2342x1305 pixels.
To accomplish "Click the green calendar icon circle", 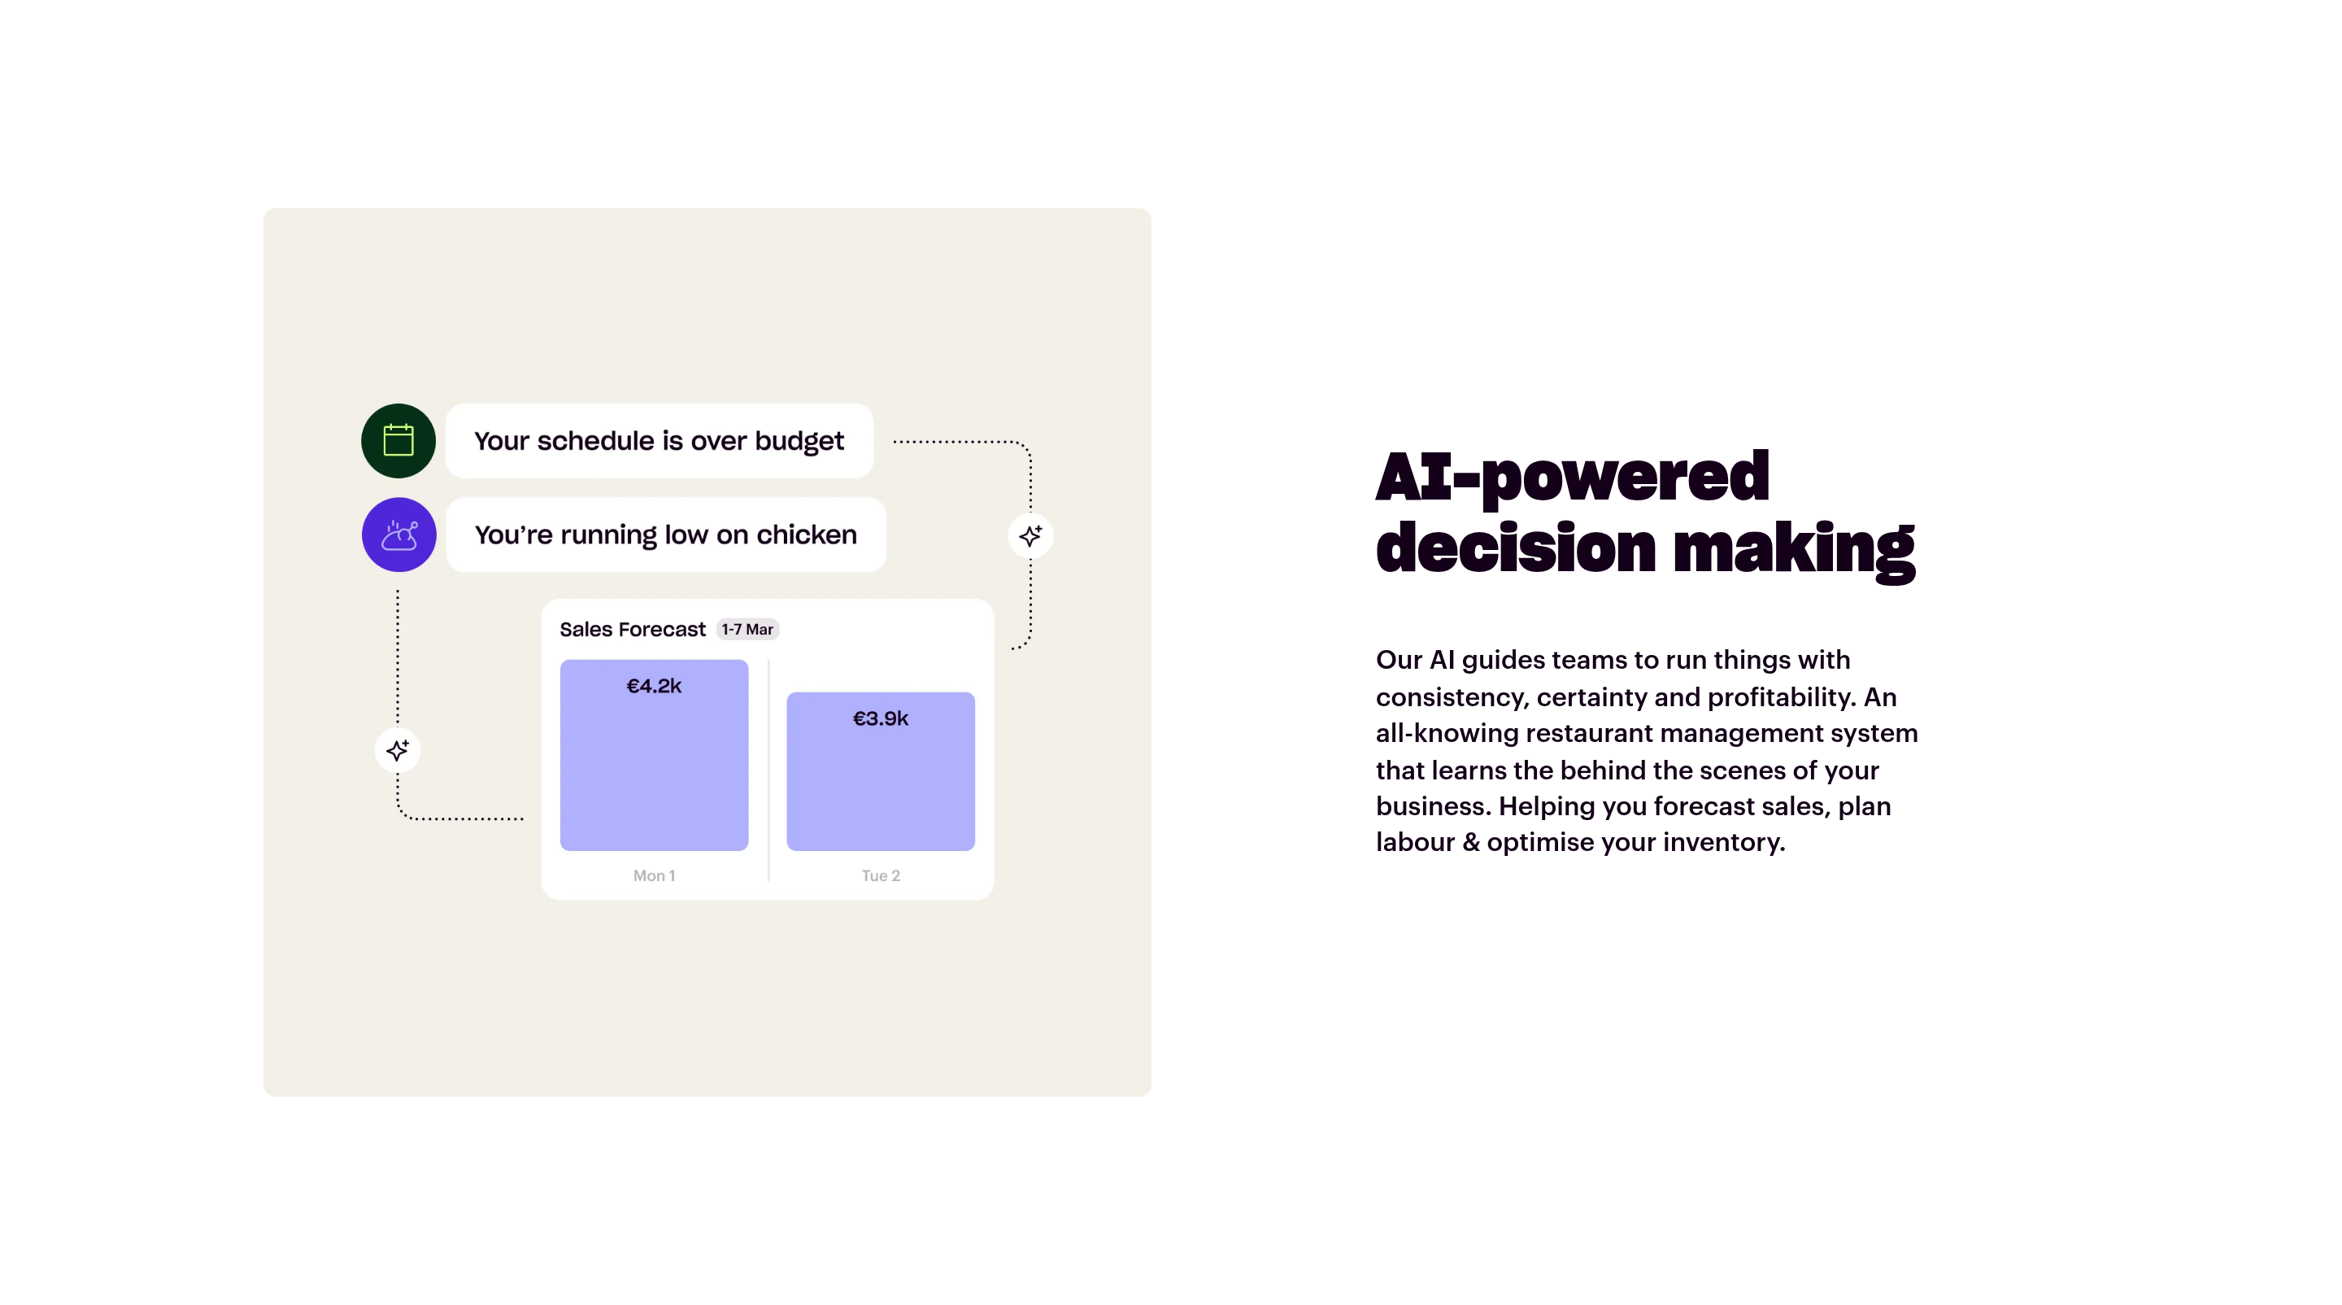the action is pyautogui.click(x=398, y=441).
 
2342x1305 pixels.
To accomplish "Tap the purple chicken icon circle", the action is pyautogui.click(x=399, y=535).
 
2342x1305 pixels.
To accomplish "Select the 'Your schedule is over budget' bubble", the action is pyautogui.click(x=660, y=441).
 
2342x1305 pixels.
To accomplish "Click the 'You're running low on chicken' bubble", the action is pyautogui.click(x=665, y=535).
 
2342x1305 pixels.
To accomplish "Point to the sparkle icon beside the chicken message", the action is pyautogui.click(x=1030, y=535).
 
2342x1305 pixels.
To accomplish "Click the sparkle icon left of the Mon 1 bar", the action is pyautogui.click(x=398, y=750).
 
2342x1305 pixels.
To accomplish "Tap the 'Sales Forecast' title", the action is pyautogui.click(x=632, y=629).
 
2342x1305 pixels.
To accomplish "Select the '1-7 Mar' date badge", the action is pyautogui.click(x=747, y=629).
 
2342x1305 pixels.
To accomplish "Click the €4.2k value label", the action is pyautogui.click(x=654, y=687).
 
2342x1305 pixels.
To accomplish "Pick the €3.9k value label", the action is pyautogui.click(x=880, y=719).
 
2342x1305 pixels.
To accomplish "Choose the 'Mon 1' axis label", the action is pyautogui.click(x=654, y=875).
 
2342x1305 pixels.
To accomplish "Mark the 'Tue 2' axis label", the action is pyautogui.click(x=880, y=875).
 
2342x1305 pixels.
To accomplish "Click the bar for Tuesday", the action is pyautogui.click(x=880, y=772).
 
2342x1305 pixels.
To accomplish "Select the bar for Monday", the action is pyautogui.click(x=654, y=756).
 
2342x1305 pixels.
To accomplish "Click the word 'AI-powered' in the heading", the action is pyautogui.click(x=1573, y=477).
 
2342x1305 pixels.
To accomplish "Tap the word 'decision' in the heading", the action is pyautogui.click(x=1517, y=548).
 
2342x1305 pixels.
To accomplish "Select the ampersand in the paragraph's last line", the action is pyautogui.click(x=1471, y=843).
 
